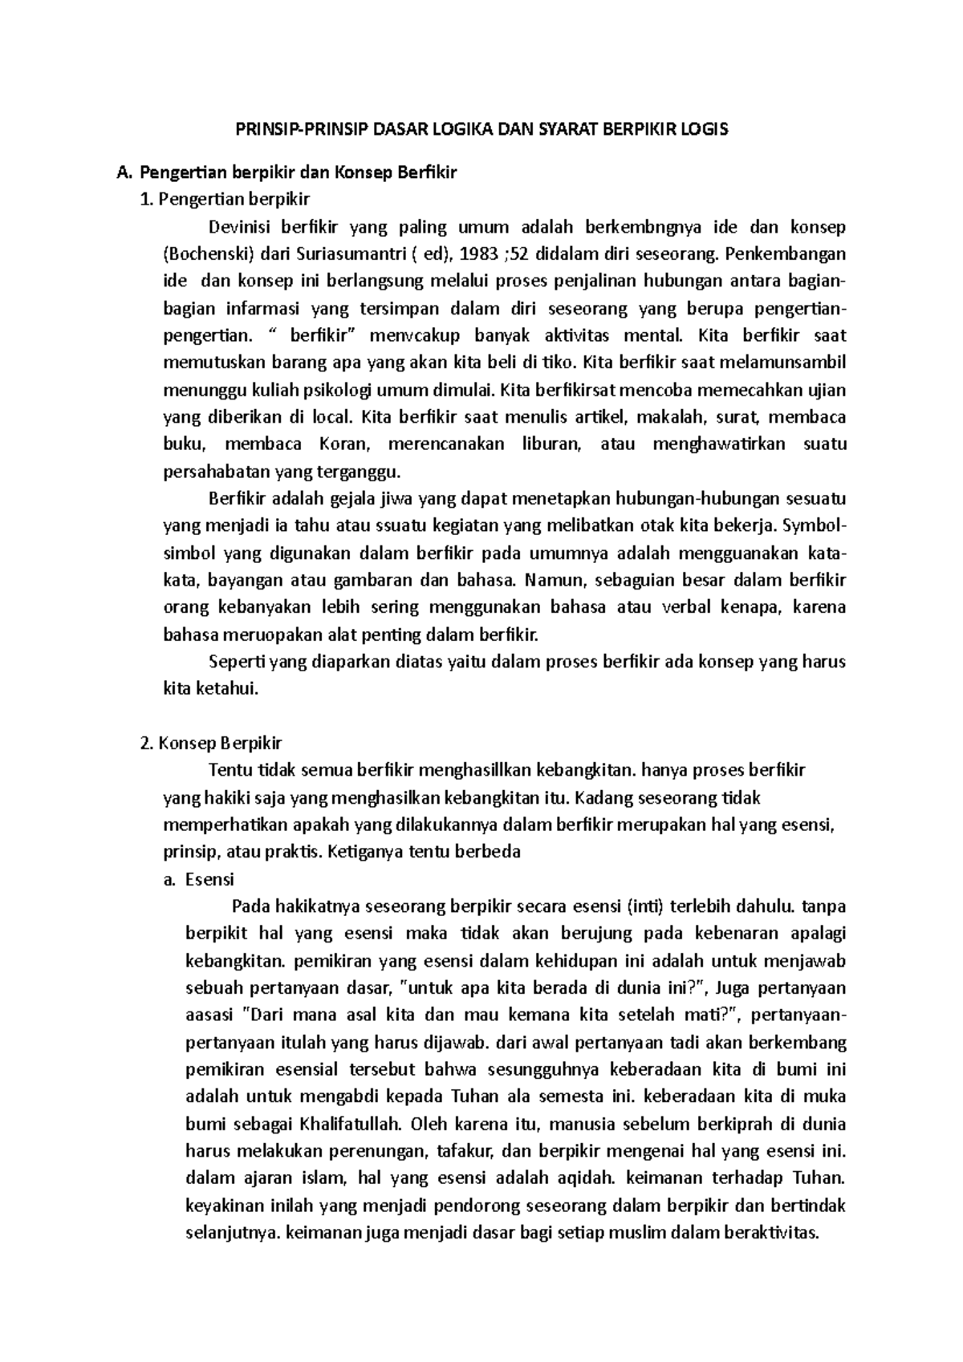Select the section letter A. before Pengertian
click(x=123, y=172)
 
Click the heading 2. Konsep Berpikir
click(x=211, y=744)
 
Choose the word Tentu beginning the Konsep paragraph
click(x=230, y=770)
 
